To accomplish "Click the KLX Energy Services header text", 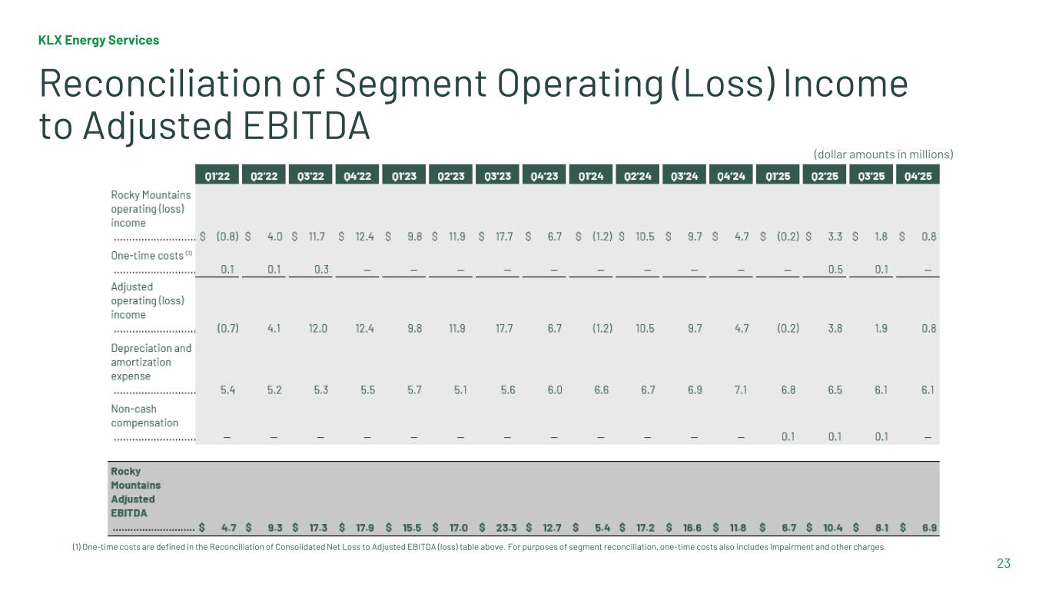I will [99, 40].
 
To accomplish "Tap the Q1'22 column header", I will [217, 176].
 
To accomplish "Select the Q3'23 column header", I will [498, 176].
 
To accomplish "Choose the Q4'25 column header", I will [918, 176].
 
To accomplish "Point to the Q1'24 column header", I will [591, 176].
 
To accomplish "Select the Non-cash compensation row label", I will [144, 416].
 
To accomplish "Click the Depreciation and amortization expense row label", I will [151, 362].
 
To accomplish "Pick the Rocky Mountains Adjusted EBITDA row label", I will [135, 492].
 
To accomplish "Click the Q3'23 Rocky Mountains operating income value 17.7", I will [504, 237].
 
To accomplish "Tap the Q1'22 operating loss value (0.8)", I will [227, 237].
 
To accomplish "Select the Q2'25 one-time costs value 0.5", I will [835, 269].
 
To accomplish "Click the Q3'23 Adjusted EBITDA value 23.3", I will [506, 528].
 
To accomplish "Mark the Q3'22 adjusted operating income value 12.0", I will [318, 328].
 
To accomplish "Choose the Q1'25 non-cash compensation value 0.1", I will [788, 436].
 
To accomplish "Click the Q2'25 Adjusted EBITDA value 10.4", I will [833, 528].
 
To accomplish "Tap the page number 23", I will [1004, 564].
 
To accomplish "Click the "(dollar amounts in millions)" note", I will [883, 154].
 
